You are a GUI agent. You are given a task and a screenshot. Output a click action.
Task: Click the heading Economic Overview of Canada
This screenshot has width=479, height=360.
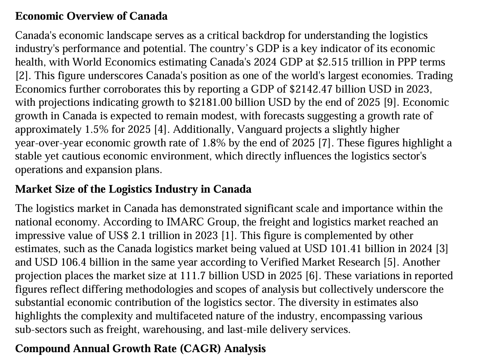tap(91, 17)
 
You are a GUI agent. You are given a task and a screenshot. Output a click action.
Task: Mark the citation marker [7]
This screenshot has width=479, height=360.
tap(325, 143)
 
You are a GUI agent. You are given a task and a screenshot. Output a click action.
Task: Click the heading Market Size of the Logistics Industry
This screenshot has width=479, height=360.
tap(133, 189)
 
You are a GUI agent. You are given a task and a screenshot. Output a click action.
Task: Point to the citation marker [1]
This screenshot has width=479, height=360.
tap(226, 235)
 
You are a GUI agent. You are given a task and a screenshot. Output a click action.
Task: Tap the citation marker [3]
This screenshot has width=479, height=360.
tap(442, 249)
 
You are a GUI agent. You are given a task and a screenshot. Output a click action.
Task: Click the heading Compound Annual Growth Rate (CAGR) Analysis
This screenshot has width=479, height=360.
tap(140, 349)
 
